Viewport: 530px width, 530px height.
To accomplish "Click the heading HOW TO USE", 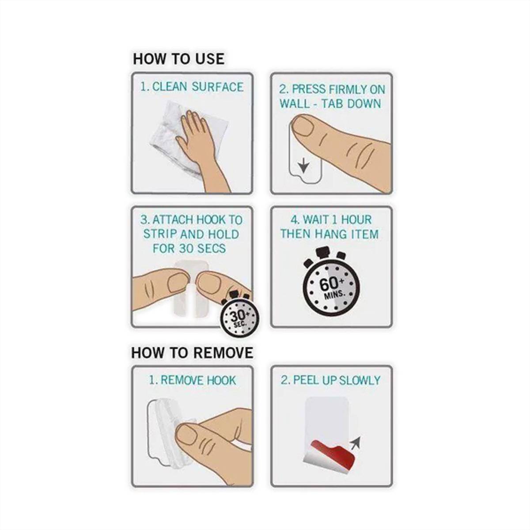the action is [178, 59].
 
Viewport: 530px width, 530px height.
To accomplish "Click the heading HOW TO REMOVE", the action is [192, 353].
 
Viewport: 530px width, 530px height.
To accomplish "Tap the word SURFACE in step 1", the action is [218, 87].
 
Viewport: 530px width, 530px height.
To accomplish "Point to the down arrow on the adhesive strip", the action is [303, 167].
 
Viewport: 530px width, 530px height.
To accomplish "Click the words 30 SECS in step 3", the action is [202, 249].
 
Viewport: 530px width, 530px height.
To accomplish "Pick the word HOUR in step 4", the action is [356, 220].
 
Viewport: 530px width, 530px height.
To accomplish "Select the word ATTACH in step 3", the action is [173, 220].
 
